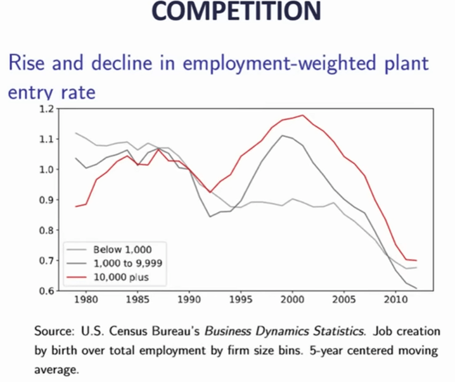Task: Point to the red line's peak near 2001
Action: [303, 115]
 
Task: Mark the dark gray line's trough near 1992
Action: [210, 217]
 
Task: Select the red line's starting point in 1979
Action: [75, 207]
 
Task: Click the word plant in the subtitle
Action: [402, 65]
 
